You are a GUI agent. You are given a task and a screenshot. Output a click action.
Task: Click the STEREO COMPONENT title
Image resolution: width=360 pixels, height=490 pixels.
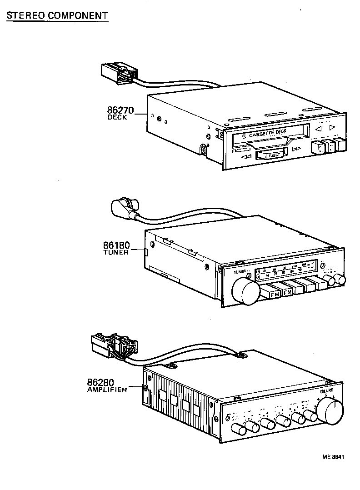[56, 15]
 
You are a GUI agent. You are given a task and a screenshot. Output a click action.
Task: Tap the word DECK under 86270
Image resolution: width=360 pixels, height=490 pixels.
[117, 117]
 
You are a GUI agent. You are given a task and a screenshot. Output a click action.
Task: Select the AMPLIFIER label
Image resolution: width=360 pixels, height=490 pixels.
[107, 390]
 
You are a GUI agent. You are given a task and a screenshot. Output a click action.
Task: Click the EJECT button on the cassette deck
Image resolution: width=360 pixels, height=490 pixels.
[270, 155]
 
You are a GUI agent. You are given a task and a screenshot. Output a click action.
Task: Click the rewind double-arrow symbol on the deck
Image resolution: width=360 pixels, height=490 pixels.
[246, 157]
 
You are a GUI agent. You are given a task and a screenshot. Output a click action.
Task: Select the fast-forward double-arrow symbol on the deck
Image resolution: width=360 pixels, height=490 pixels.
[296, 149]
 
